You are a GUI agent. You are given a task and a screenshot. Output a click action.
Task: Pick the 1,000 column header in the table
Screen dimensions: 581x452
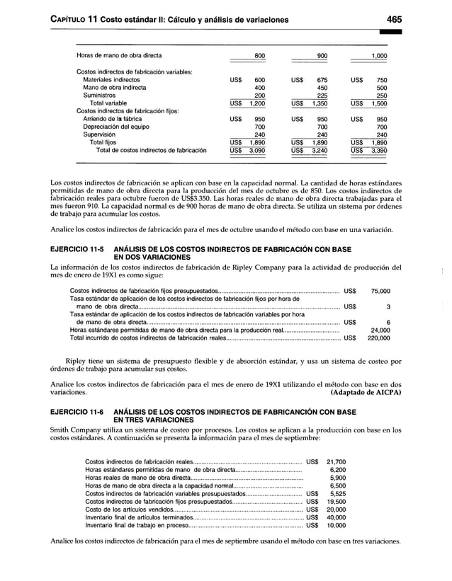pyautogui.click(x=379, y=55)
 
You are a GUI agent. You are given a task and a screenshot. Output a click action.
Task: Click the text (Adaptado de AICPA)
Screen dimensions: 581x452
pyautogui.click(x=361, y=390)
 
